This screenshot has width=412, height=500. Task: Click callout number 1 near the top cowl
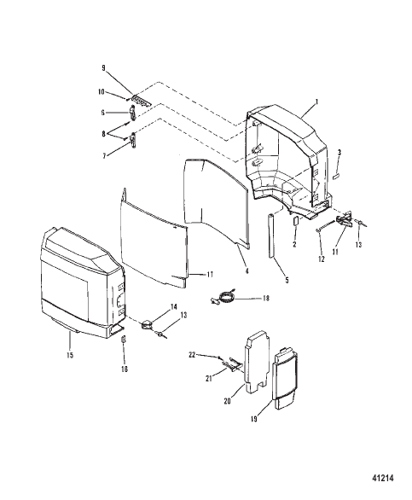pos(316,102)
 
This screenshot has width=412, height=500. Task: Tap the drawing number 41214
pos(383,478)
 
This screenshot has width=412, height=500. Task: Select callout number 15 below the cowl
pos(70,355)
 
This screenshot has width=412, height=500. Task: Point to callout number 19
pos(254,419)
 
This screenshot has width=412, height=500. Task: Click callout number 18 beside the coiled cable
pos(265,298)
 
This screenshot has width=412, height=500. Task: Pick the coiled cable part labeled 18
pos(223,297)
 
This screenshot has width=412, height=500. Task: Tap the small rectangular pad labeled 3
pos(336,177)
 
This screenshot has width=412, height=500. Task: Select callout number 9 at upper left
pos(103,68)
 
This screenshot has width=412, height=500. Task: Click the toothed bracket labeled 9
pos(141,100)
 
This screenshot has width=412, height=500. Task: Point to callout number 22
pos(192,355)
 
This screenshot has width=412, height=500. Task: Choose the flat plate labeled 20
pos(256,362)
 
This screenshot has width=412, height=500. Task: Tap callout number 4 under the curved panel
pos(247,271)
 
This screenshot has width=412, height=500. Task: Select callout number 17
pos(210,274)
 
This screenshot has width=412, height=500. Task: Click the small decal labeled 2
pos(295,221)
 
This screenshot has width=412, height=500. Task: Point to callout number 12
pos(322,259)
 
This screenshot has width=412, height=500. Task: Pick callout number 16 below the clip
pos(125,369)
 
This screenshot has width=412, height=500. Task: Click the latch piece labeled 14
pos(147,324)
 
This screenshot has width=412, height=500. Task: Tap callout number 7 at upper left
pos(105,156)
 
